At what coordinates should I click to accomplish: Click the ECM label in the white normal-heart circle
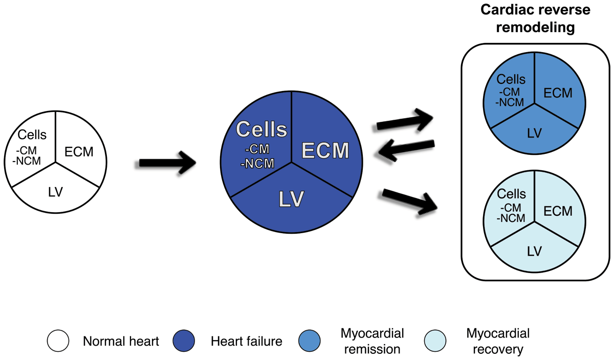click(79, 152)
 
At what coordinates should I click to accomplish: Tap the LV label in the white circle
click(56, 192)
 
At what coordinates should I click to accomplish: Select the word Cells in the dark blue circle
click(261, 129)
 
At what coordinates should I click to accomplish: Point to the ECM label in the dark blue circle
click(325, 150)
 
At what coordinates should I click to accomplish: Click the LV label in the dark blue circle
click(291, 199)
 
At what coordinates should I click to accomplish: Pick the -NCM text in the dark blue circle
click(257, 164)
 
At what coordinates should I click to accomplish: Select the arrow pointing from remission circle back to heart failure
click(406, 150)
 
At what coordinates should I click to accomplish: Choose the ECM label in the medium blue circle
click(558, 93)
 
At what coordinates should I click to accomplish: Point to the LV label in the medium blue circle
click(535, 133)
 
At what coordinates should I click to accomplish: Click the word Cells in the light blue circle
click(512, 194)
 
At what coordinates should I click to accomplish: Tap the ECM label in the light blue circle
click(558, 211)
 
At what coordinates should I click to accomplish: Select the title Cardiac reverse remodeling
click(535, 18)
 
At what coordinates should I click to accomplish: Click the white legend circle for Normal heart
click(58, 341)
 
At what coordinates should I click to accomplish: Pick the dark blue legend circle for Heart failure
click(184, 341)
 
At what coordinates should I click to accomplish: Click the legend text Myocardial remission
click(372, 342)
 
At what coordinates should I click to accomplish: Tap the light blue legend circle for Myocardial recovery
click(435, 341)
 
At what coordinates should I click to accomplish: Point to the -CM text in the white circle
click(26, 150)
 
